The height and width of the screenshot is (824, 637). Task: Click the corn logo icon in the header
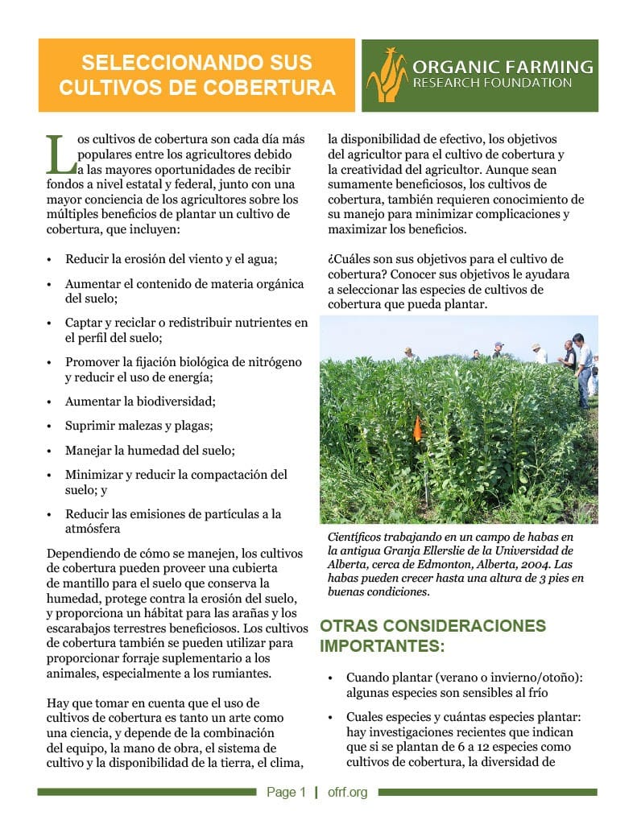[387, 75]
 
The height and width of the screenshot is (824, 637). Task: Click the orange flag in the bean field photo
[416, 428]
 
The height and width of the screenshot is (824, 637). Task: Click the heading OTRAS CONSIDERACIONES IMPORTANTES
[432, 636]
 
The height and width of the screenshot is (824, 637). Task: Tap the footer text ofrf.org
[347, 793]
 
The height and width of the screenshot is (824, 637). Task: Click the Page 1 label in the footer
[286, 793]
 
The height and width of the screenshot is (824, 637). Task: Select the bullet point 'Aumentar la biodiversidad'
[140, 401]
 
